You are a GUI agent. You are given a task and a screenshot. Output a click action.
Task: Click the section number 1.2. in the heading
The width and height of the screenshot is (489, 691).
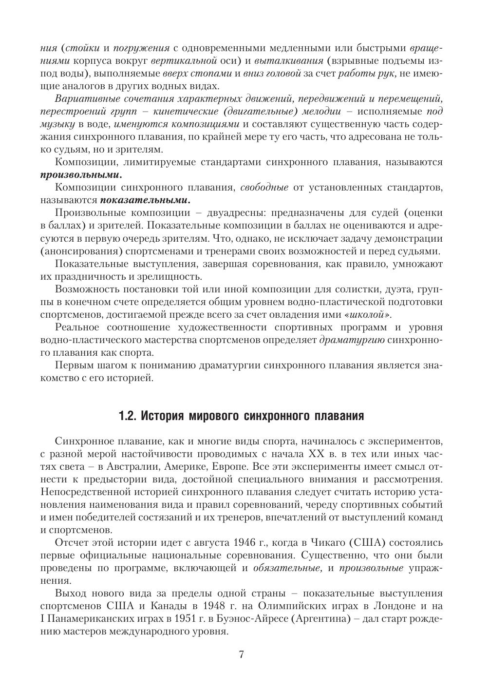[129, 416]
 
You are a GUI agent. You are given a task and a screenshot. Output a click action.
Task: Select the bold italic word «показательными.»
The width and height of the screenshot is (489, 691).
[145, 200]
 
